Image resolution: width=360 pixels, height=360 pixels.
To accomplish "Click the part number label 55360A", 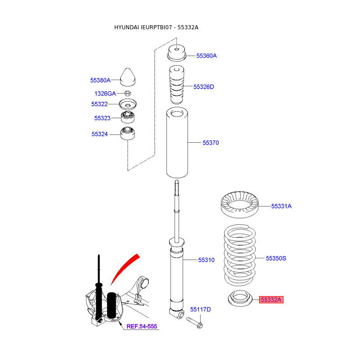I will pos(207,56).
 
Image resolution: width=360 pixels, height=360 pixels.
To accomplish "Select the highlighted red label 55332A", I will pos(272,299).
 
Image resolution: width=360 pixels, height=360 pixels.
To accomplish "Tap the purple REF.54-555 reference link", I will pos(142,326).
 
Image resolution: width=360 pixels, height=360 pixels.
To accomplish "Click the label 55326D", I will pos(204,86).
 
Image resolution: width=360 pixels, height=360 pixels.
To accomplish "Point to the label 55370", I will pos(210,143).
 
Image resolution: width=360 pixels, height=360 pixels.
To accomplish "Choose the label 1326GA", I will pos(105,94).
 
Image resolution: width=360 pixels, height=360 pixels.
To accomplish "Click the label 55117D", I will pos(200,309).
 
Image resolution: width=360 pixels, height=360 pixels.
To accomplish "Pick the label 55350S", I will pos(276,258).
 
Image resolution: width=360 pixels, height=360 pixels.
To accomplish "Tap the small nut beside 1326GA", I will pos(127,93).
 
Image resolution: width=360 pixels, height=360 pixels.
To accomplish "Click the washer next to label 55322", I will pos(128,105).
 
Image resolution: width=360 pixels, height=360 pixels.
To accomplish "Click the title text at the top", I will pos(156,27).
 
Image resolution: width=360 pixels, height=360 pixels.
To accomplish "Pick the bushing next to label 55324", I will pos(128,134).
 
